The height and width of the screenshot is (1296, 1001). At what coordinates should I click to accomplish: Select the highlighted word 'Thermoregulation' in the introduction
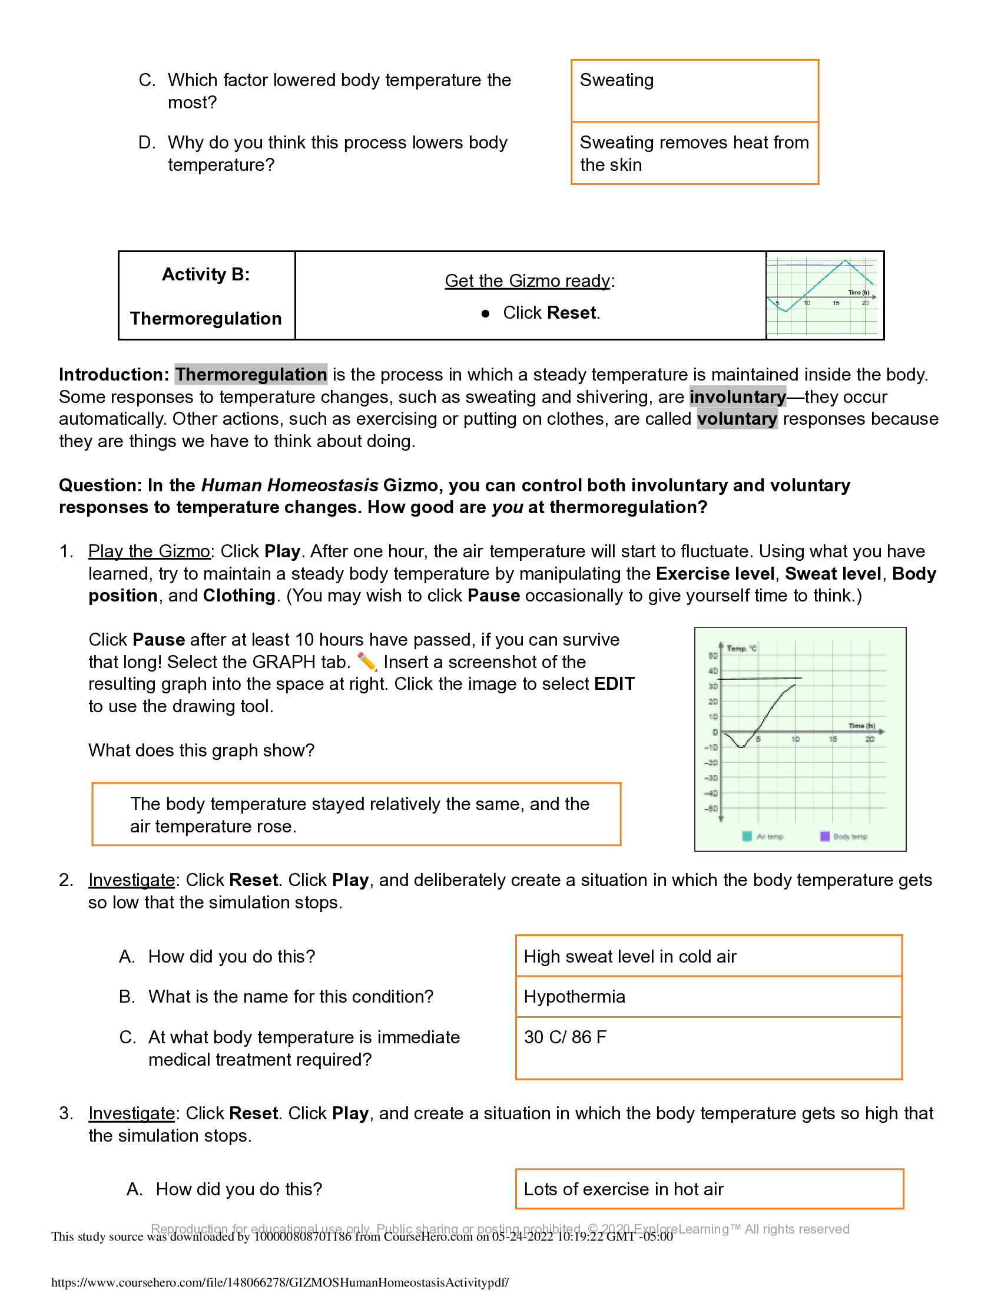(x=251, y=375)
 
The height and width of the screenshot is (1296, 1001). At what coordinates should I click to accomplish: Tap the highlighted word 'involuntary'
(x=737, y=396)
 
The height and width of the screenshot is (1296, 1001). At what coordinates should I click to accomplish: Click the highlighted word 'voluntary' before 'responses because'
(x=737, y=419)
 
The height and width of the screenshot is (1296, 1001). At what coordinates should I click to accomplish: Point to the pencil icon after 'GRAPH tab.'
(x=367, y=661)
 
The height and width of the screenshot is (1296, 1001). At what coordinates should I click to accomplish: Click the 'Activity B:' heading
(x=205, y=274)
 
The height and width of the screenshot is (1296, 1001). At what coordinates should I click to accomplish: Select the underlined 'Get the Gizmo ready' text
(x=527, y=280)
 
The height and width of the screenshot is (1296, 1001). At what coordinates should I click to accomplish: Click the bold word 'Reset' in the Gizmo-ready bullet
(x=572, y=313)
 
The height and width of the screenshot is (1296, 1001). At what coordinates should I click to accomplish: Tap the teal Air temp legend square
(x=747, y=836)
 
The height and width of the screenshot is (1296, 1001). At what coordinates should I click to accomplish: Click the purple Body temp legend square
(x=824, y=836)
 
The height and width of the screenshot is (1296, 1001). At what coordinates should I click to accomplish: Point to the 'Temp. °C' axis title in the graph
(x=741, y=648)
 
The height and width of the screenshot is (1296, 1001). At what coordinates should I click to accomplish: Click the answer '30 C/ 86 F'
(x=565, y=1037)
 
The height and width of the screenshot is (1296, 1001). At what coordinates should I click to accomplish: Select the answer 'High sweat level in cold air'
(x=630, y=957)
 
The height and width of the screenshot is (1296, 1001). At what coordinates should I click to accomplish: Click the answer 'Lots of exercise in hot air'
(x=623, y=1189)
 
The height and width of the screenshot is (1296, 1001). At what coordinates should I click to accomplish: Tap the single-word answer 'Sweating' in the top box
(x=616, y=80)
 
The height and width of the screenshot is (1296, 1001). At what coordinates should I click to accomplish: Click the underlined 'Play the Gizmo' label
(x=149, y=551)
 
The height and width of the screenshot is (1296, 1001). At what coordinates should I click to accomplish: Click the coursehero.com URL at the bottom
(x=280, y=1282)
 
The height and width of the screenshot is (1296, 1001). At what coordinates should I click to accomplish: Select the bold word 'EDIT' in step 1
(x=614, y=683)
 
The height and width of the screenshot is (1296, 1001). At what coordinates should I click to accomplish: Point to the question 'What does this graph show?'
(x=201, y=750)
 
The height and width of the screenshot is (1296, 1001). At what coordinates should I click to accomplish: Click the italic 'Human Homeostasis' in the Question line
(x=289, y=485)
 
